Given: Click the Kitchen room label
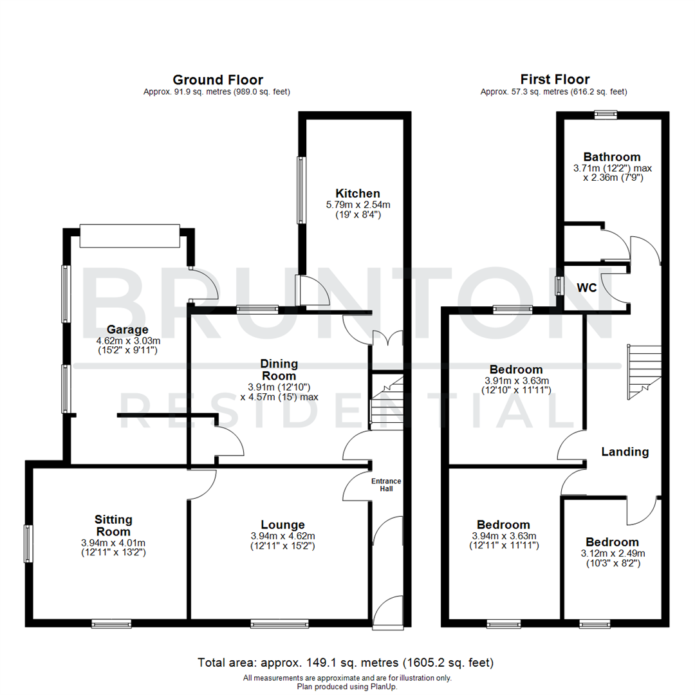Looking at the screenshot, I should pos(358,193).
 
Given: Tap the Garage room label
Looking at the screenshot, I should pos(113,329).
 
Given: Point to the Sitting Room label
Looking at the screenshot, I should pos(113,526).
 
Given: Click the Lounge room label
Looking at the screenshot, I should pos(283,524).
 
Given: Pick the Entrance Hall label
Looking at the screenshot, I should pos(386,485).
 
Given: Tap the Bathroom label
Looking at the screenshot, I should pos(611,157).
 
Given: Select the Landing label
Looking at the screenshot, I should pos(624,452).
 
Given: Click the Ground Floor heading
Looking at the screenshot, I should pos(218,80).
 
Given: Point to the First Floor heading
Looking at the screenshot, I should pos(555,80).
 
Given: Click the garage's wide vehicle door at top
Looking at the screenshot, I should pos(129,236).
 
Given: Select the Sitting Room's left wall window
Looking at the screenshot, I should pos(28,544).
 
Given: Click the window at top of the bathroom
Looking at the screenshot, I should pos(605,115).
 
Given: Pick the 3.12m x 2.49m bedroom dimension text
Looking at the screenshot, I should pos(611,553).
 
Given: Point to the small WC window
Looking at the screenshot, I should pos(559,285).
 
